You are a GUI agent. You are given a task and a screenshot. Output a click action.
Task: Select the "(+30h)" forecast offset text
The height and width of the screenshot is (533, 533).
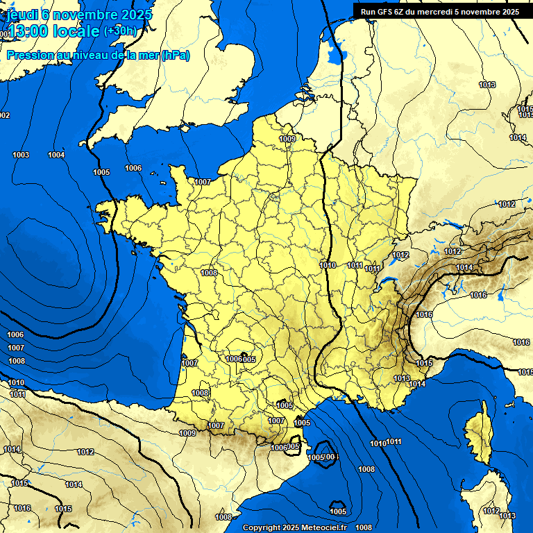120,31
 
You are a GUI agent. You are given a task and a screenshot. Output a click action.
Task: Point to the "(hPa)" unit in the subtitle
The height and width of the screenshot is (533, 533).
175,55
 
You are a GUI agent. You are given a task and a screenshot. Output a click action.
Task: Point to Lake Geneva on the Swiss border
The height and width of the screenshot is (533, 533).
389,282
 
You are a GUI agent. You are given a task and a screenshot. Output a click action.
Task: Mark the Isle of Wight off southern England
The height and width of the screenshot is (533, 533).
185,127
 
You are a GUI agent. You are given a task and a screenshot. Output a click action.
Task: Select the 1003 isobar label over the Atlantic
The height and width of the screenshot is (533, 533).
21,155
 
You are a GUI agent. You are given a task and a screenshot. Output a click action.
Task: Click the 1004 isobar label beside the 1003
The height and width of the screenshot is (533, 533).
56,155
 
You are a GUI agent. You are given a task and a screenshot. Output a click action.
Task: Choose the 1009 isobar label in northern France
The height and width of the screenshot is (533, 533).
288,139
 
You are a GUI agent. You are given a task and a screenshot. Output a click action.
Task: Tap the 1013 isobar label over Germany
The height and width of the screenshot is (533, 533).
487,85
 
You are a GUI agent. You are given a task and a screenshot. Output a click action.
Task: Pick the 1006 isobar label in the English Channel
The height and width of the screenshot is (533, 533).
133,168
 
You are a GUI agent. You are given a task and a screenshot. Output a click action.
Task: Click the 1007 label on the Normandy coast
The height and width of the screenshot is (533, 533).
202,182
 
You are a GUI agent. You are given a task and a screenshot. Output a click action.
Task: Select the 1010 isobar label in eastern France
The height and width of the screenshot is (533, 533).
328,265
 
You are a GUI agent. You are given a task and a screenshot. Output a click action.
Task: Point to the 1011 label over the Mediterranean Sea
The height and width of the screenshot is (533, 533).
394,442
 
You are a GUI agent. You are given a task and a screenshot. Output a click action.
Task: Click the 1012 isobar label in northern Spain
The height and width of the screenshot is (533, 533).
85,452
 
